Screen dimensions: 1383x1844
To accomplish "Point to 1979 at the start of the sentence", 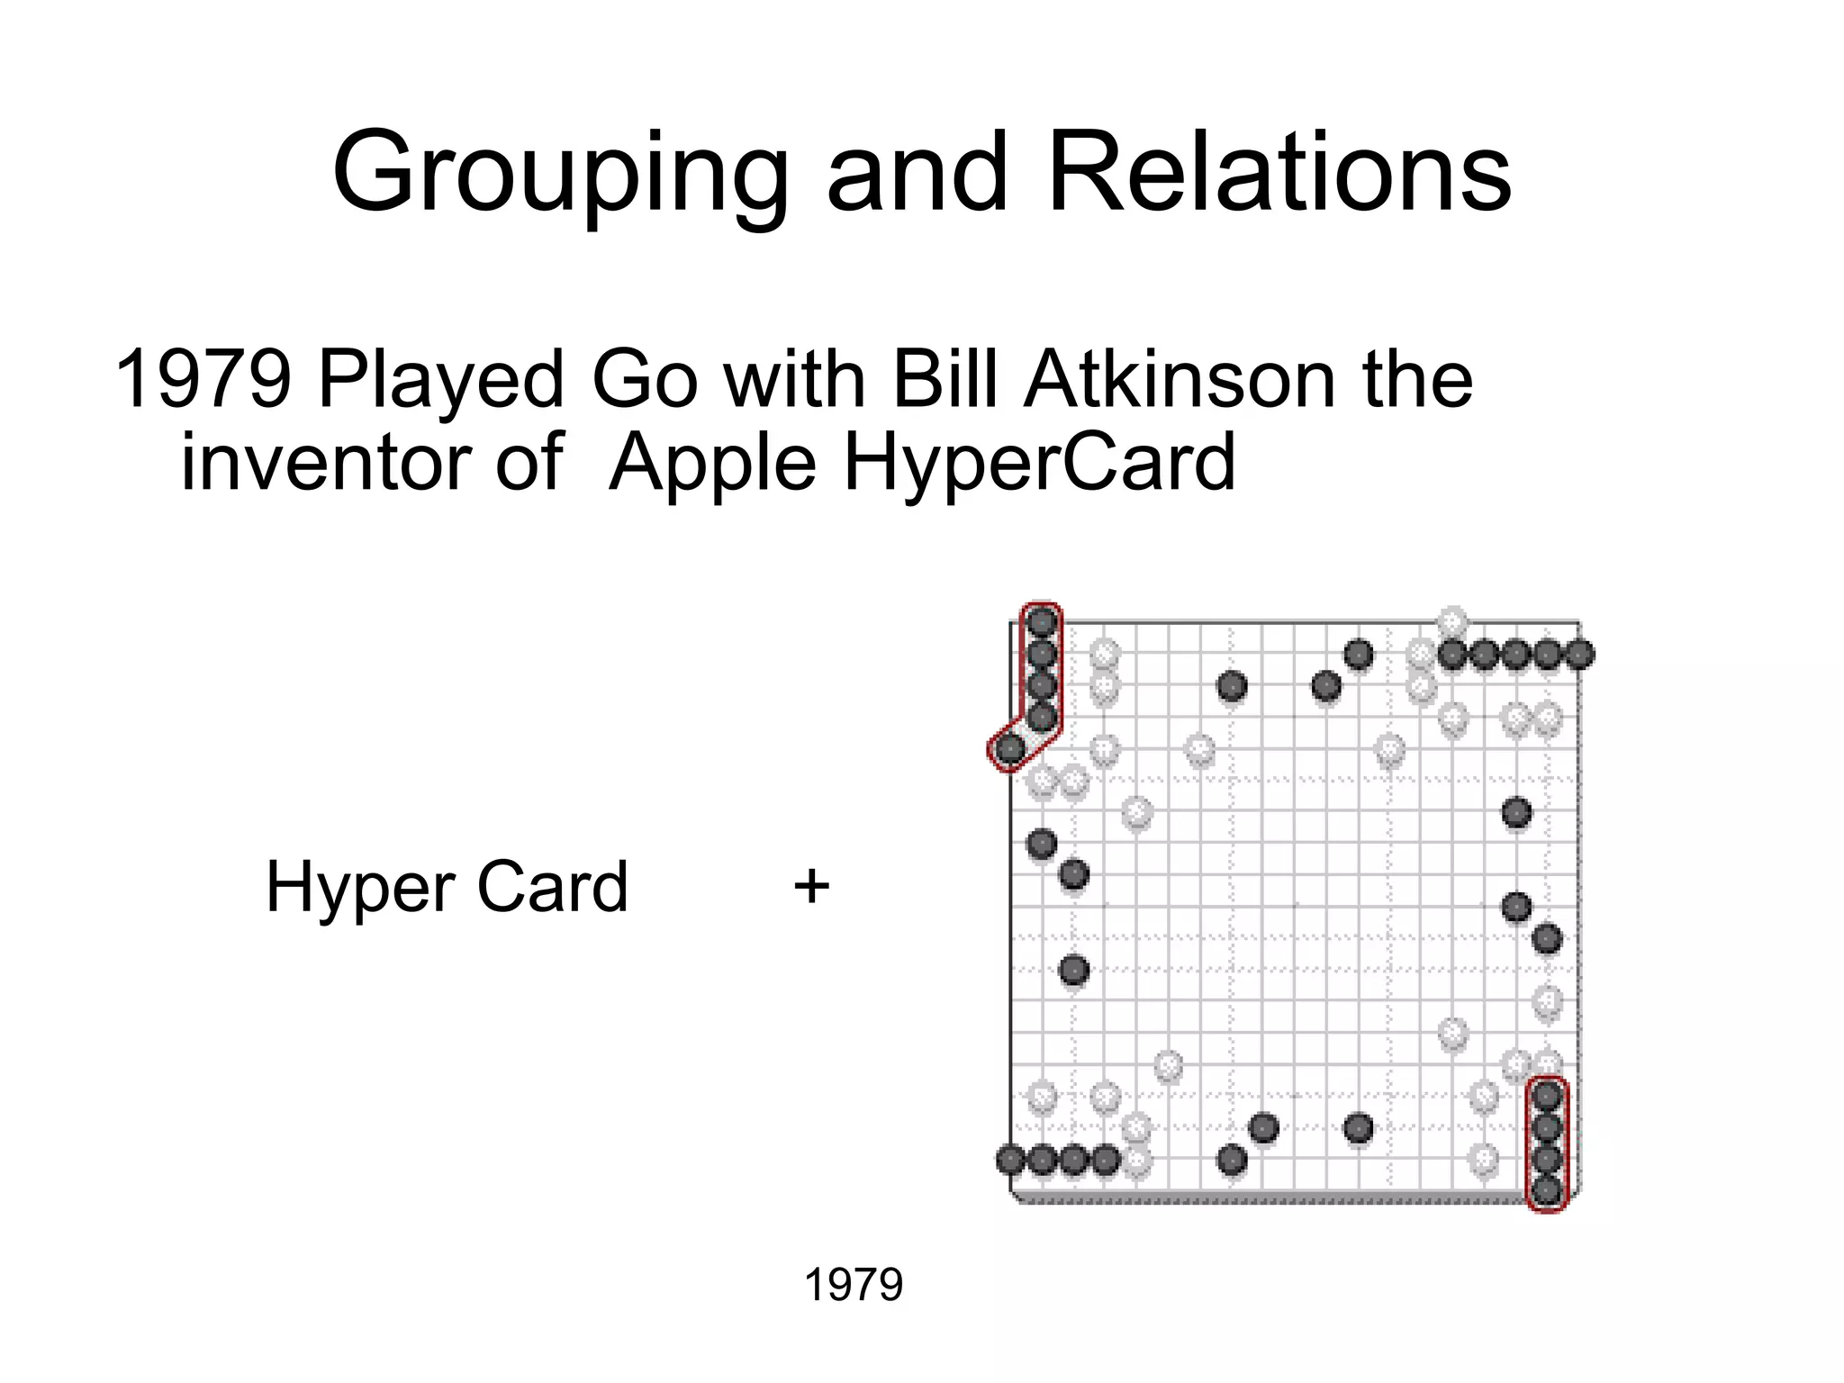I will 203,379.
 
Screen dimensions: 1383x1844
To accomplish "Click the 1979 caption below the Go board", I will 853,1284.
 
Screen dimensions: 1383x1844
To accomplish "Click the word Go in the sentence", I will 644,379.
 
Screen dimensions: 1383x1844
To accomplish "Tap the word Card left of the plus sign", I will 552,886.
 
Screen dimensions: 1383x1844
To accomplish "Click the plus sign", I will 811,886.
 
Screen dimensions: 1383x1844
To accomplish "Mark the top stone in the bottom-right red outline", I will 1547,1096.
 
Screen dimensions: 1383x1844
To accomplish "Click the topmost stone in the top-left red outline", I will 1042,621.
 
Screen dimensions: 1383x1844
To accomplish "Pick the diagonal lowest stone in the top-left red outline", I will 1010,748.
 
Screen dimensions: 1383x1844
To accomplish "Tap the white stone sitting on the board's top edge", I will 1452,621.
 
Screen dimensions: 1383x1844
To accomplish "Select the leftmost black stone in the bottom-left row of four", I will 1010,1160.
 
